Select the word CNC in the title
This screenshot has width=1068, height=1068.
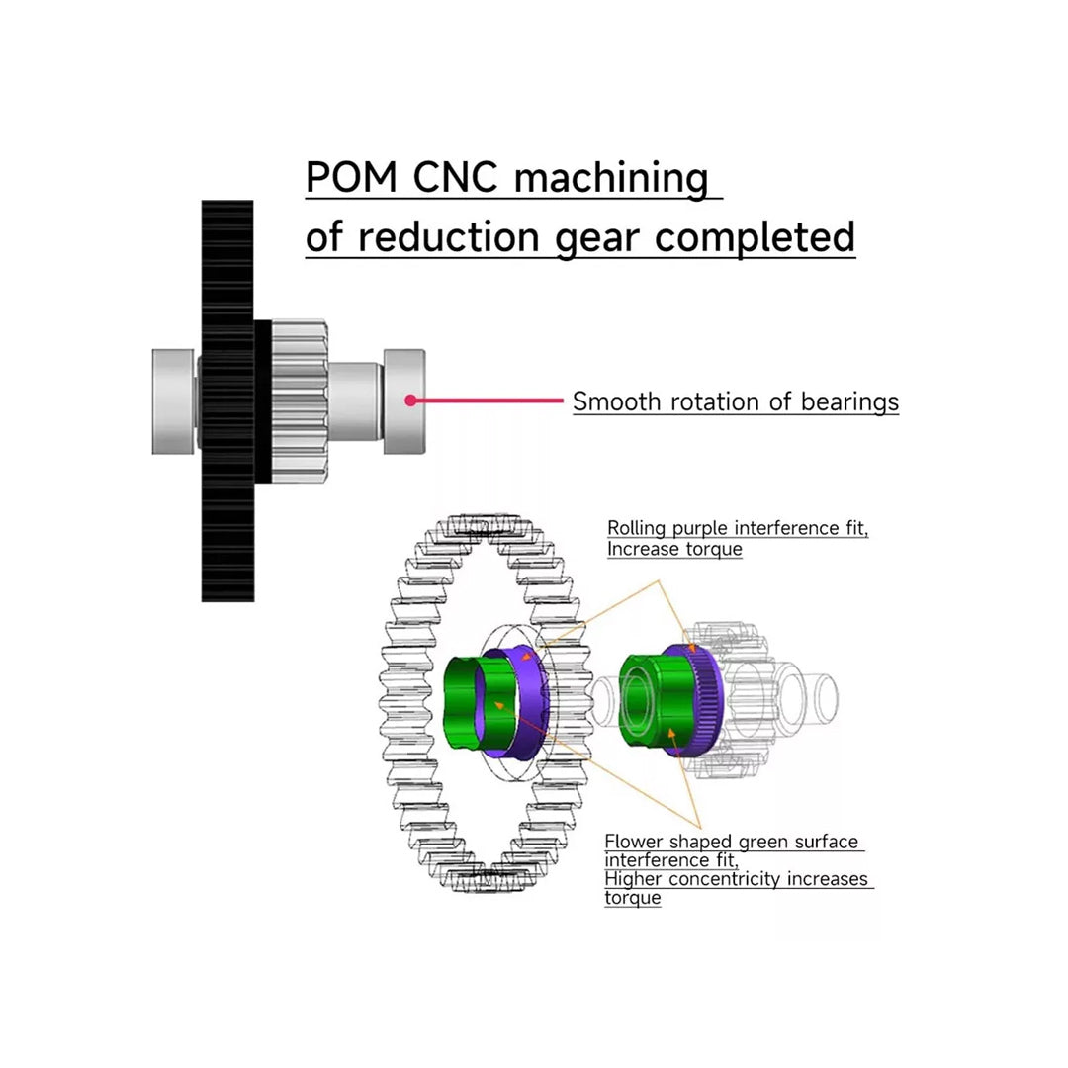[456, 178]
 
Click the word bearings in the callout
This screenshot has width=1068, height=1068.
[849, 401]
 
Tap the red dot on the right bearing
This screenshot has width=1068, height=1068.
[409, 400]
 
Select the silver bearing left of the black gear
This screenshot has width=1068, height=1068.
[175, 400]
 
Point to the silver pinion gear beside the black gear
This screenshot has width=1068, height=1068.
[299, 400]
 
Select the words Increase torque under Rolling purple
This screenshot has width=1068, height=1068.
[674, 549]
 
